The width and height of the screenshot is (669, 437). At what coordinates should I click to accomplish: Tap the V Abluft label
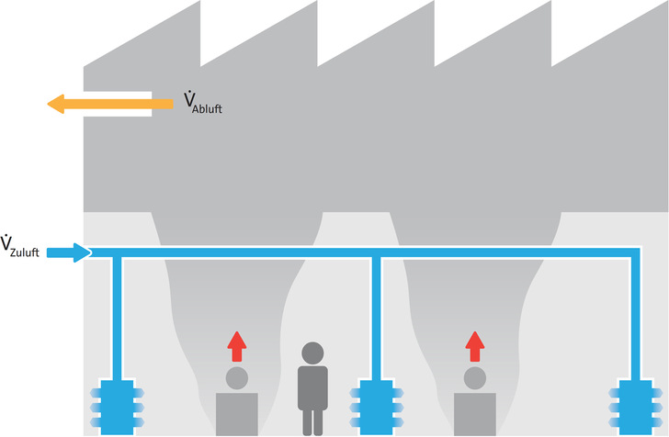pos(199,102)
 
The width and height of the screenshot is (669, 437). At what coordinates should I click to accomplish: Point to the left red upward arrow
pos(237,346)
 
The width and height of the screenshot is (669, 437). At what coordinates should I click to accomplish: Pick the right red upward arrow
pos(474,346)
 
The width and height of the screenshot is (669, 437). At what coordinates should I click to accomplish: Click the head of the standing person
pos(313,353)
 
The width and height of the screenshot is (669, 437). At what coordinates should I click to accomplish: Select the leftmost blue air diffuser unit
pos(118,405)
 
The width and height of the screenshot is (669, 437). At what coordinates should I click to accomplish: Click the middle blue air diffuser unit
pos(374,405)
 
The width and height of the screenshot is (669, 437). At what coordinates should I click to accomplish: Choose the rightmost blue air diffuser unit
pos(635,405)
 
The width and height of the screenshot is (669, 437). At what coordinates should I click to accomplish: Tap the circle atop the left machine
pos(237,376)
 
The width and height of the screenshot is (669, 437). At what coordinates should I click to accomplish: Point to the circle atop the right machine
pos(474,376)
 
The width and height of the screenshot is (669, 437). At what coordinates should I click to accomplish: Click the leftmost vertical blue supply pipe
pos(118,317)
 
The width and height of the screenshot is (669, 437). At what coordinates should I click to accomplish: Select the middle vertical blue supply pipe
pos(375,317)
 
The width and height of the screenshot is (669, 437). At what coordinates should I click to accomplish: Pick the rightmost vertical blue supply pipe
pos(635,317)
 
